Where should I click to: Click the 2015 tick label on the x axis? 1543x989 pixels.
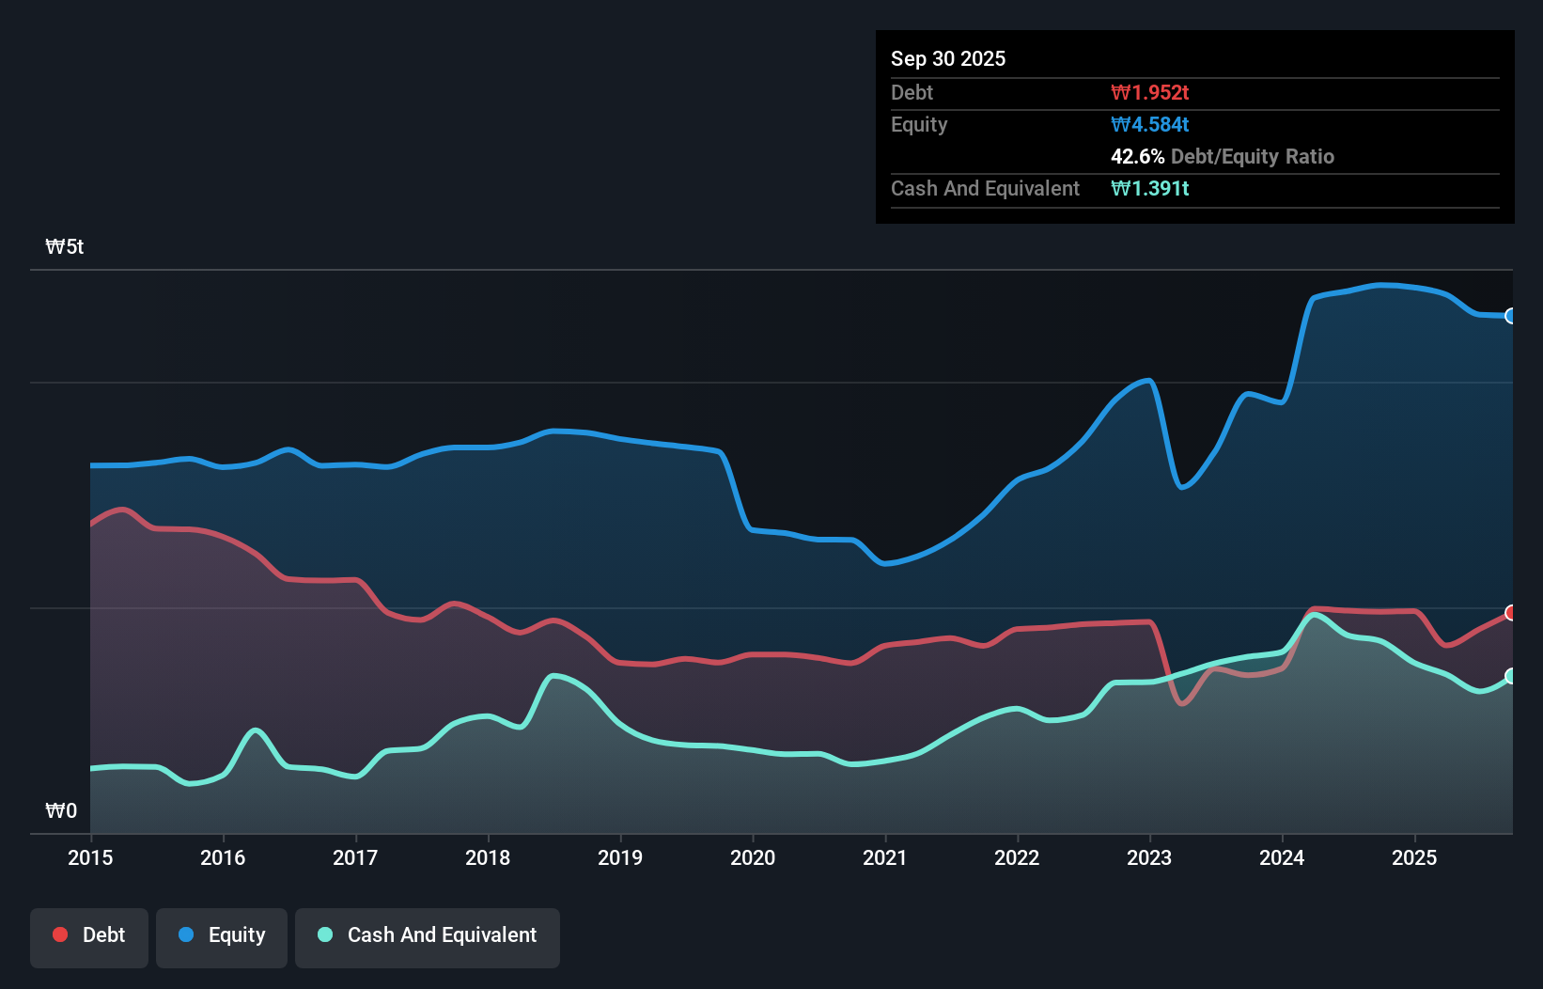pyautogui.click(x=90, y=857)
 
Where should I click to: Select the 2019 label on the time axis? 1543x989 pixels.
pyautogui.click(x=620, y=857)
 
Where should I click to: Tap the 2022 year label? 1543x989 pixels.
pyautogui.click(x=1017, y=857)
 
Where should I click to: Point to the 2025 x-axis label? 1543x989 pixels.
pyautogui.click(x=1414, y=857)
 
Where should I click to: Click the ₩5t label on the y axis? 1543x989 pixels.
pyautogui.click(x=65, y=247)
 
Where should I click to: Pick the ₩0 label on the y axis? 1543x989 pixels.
pyautogui.click(x=61, y=810)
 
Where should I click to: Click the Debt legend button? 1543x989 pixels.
pyautogui.click(x=89, y=935)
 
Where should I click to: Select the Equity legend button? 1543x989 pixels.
pyautogui.click(x=222, y=935)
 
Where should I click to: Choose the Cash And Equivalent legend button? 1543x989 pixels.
pyautogui.click(x=428, y=935)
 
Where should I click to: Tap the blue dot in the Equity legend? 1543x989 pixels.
pyautogui.click(x=186, y=934)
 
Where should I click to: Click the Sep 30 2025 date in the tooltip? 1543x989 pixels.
pyautogui.click(x=948, y=58)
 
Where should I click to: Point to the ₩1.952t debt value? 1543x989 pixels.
pyautogui.click(x=1149, y=92)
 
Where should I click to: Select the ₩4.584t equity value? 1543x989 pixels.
pyautogui.click(x=1149, y=124)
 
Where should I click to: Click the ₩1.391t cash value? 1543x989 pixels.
pyautogui.click(x=1149, y=188)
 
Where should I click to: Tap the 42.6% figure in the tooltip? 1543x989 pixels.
pyautogui.click(x=1137, y=156)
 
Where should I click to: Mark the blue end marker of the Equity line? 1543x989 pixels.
pyautogui.click(x=1511, y=316)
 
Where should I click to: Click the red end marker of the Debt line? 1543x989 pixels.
pyautogui.click(x=1511, y=613)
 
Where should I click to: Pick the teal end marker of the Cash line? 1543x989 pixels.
pyautogui.click(x=1511, y=676)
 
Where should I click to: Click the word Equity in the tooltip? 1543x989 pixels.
pyautogui.click(x=919, y=124)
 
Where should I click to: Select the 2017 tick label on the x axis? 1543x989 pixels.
pyautogui.click(x=355, y=857)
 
